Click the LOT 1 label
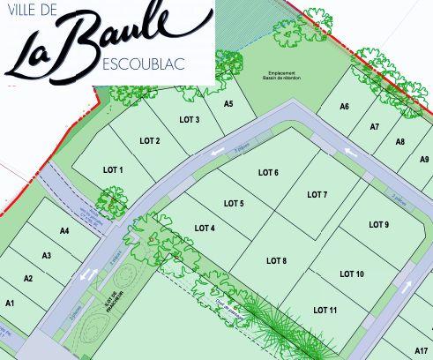[113, 169]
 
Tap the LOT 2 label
[150, 141]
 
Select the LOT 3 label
[190, 120]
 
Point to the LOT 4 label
[204, 228]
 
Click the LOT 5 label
[234, 203]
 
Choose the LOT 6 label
[268, 172]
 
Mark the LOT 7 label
[317, 194]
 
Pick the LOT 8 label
[276, 260]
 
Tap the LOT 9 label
[379, 224]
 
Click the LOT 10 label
[352, 274]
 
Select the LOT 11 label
[325, 310]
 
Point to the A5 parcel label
[228, 104]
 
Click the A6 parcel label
[345, 107]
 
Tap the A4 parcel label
[64, 230]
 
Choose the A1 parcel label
[11, 303]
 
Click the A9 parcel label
[425, 160]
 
